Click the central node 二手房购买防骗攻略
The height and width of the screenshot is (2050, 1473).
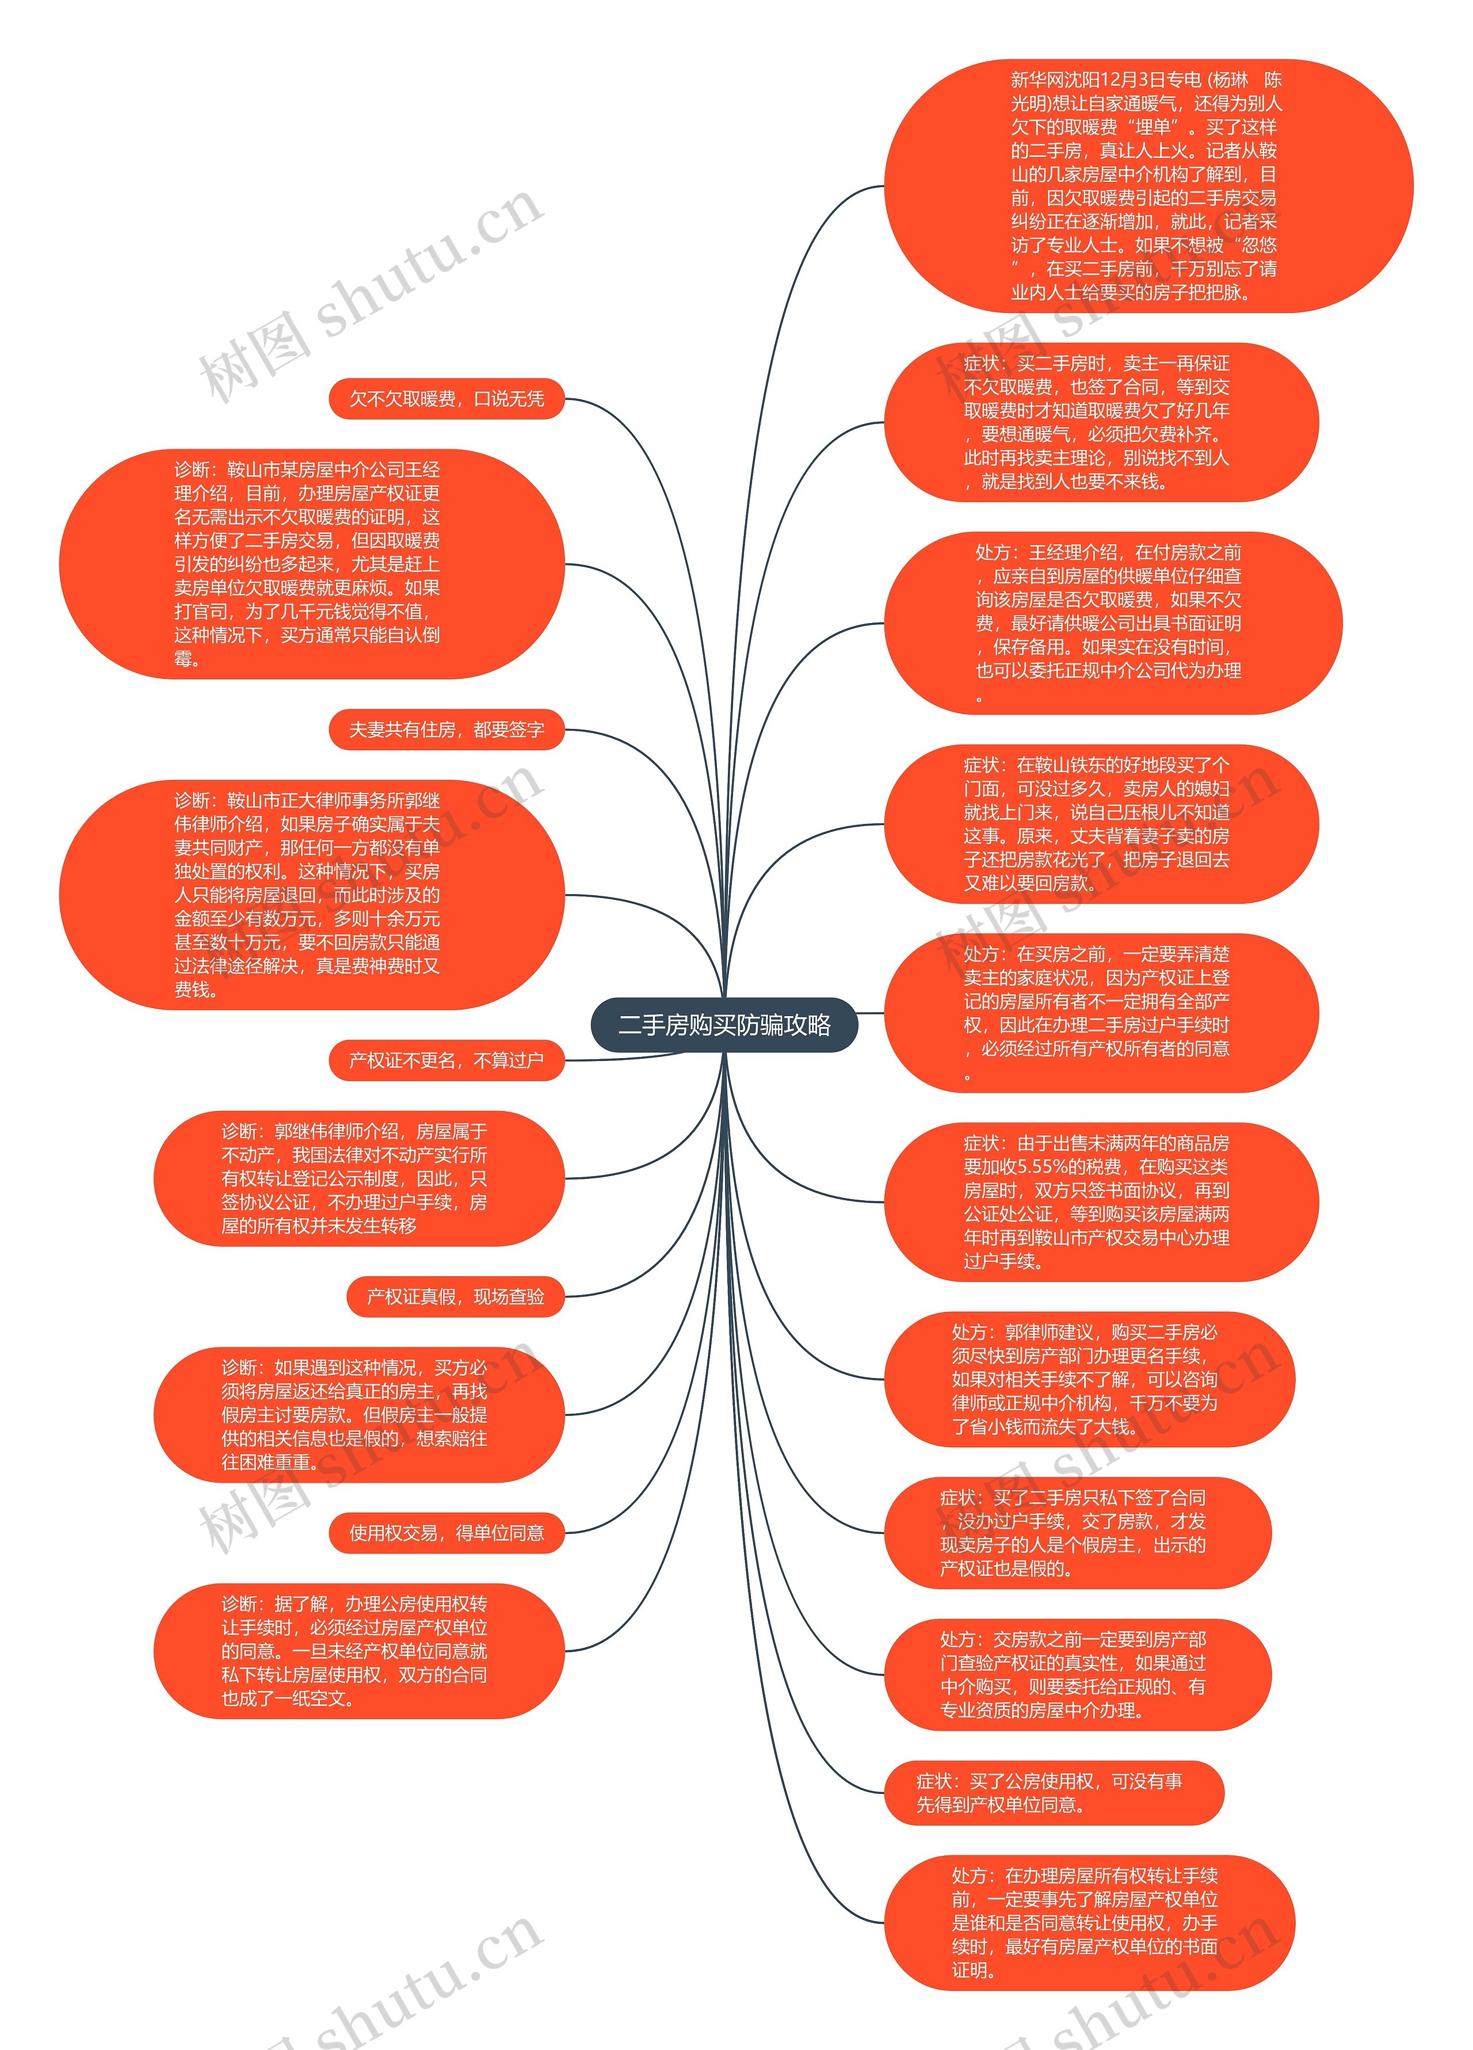[x=724, y=1025]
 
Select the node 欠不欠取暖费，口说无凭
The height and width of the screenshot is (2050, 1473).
[x=447, y=399]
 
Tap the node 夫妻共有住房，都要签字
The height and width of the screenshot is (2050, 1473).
[x=447, y=730]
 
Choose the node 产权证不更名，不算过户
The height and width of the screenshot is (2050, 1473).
[x=447, y=1060]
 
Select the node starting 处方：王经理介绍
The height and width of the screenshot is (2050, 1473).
[x=1112, y=624]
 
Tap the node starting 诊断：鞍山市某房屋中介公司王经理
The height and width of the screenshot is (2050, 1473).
[x=312, y=564]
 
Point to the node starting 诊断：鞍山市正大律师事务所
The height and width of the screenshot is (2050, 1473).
[x=312, y=895]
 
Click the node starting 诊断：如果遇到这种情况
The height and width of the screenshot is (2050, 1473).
[x=359, y=1415]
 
